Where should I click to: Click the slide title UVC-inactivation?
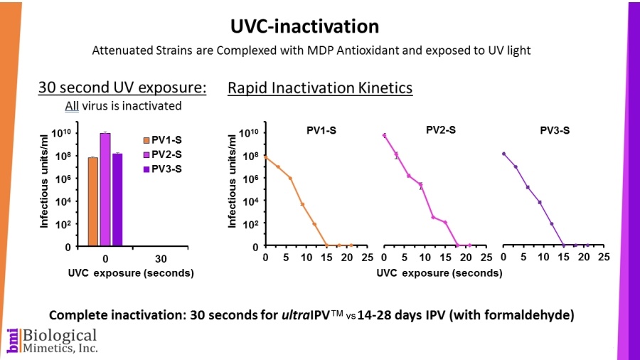click(304, 26)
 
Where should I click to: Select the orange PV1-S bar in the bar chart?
click(92, 201)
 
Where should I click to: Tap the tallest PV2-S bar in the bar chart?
click(105, 189)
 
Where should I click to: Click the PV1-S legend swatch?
click(146, 140)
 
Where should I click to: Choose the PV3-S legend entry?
click(166, 169)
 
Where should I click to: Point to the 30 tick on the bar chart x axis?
click(161, 258)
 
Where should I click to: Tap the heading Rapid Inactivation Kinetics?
click(320, 88)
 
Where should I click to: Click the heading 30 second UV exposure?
click(122, 88)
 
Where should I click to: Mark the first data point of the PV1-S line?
click(265, 157)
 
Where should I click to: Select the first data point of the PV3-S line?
click(503, 154)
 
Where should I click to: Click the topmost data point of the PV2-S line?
click(384, 135)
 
